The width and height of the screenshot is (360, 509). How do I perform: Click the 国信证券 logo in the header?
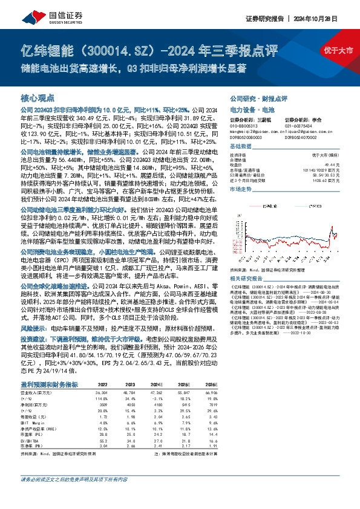point(44,18)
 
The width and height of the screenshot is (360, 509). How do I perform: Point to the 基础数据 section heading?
point(240,148)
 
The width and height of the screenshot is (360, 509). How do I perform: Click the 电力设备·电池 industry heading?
point(252,111)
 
